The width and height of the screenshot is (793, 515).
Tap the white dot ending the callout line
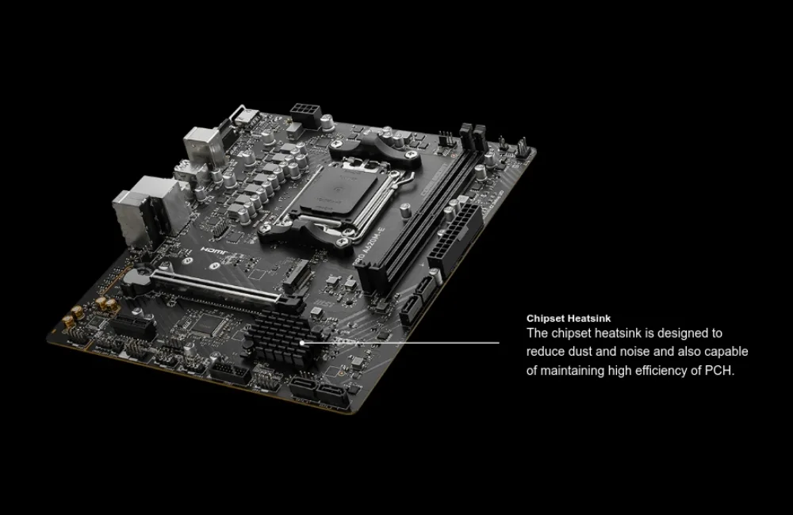[302, 342]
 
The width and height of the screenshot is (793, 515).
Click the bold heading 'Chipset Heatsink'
[569, 319]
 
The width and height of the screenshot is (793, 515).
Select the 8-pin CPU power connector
[305, 114]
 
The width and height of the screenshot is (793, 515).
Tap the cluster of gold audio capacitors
[91, 311]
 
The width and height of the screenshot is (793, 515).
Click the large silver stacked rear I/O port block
[147, 210]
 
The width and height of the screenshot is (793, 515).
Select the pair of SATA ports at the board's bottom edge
[320, 391]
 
